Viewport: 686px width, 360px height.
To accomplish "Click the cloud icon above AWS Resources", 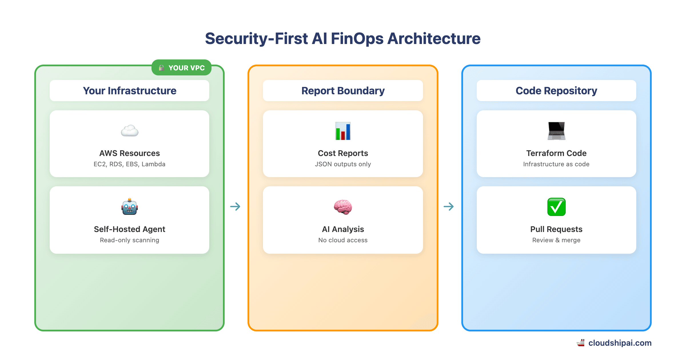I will pos(129,131).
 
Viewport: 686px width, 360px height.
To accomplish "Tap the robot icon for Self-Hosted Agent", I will pos(129,207).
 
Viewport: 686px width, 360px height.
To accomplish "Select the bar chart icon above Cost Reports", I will pos(343,131).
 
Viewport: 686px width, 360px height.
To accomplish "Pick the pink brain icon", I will pos(343,207).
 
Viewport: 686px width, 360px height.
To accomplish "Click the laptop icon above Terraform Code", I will pos(556,131).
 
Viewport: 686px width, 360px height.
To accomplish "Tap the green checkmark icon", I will pos(556,207).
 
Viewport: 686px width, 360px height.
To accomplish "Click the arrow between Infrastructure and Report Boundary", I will pos(235,206).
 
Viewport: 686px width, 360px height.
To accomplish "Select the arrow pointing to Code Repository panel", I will pos(449,206).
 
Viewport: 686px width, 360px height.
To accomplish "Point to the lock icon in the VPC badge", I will pos(161,68).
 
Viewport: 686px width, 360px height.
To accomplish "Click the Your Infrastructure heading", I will pos(129,91).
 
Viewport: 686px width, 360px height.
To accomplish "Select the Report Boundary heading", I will pos(343,91).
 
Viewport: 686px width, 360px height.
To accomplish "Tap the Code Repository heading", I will pos(556,91).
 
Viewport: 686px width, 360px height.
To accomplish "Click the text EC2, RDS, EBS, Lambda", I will pos(129,164).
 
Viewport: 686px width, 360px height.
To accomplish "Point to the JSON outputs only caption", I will pos(343,164).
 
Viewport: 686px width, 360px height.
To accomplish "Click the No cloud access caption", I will pos(343,240).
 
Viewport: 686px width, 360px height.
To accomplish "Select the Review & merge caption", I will pos(556,240).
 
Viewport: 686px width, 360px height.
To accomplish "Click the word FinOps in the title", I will pos(357,39).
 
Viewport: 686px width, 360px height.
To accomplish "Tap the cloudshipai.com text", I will pos(620,343).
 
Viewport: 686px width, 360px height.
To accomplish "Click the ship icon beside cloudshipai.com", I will pos(581,343).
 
